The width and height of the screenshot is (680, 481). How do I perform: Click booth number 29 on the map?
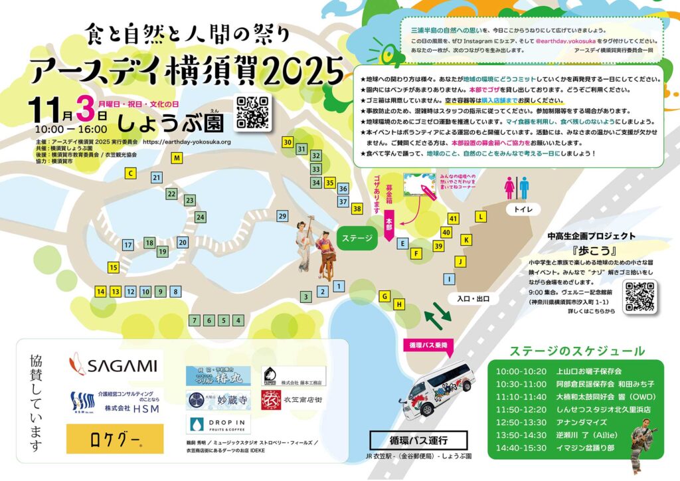tap(282, 216)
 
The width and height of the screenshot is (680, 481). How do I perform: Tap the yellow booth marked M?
tap(177, 158)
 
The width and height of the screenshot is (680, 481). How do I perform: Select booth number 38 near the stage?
tap(357, 209)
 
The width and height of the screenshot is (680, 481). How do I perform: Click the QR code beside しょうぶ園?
tap(253, 113)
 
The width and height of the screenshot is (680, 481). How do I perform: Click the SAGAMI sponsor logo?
tap(114, 365)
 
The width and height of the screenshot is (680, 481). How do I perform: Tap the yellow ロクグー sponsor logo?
tap(114, 438)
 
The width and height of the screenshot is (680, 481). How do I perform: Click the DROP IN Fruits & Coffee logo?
tap(218, 424)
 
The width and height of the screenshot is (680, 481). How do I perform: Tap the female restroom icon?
tap(510, 187)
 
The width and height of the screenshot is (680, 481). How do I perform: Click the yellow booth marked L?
tap(481, 217)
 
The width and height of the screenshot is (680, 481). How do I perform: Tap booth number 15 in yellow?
tap(114, 268)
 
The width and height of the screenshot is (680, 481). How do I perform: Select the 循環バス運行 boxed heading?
tap(419, 440)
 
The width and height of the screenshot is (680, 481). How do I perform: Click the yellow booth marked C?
tap(131, 173)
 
